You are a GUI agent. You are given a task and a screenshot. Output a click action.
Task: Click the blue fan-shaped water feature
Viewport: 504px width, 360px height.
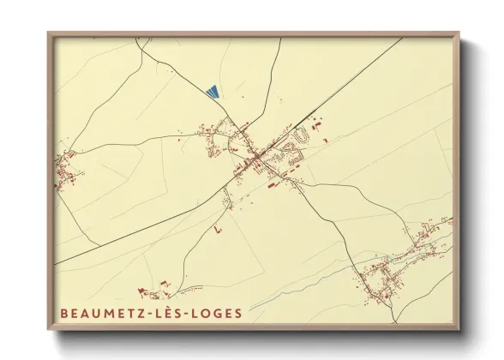click(x=213, y=89)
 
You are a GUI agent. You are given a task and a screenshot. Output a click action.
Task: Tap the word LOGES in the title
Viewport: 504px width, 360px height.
click(x=218, y=313)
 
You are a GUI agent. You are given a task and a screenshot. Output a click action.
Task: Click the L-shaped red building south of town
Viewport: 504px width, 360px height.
click(x=217, y=231)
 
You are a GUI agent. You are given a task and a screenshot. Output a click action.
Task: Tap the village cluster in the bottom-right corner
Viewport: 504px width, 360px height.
click(x=386, y=279)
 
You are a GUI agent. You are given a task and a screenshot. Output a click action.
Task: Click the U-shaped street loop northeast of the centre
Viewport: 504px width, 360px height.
click(x=299, y=135)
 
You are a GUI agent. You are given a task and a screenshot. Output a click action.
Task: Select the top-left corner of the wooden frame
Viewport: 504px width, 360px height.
click(x=50, y=34)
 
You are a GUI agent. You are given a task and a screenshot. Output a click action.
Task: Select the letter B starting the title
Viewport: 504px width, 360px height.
click(x=64, y=313)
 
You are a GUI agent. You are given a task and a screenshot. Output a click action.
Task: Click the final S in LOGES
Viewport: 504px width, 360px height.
click(x=238, y=313)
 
